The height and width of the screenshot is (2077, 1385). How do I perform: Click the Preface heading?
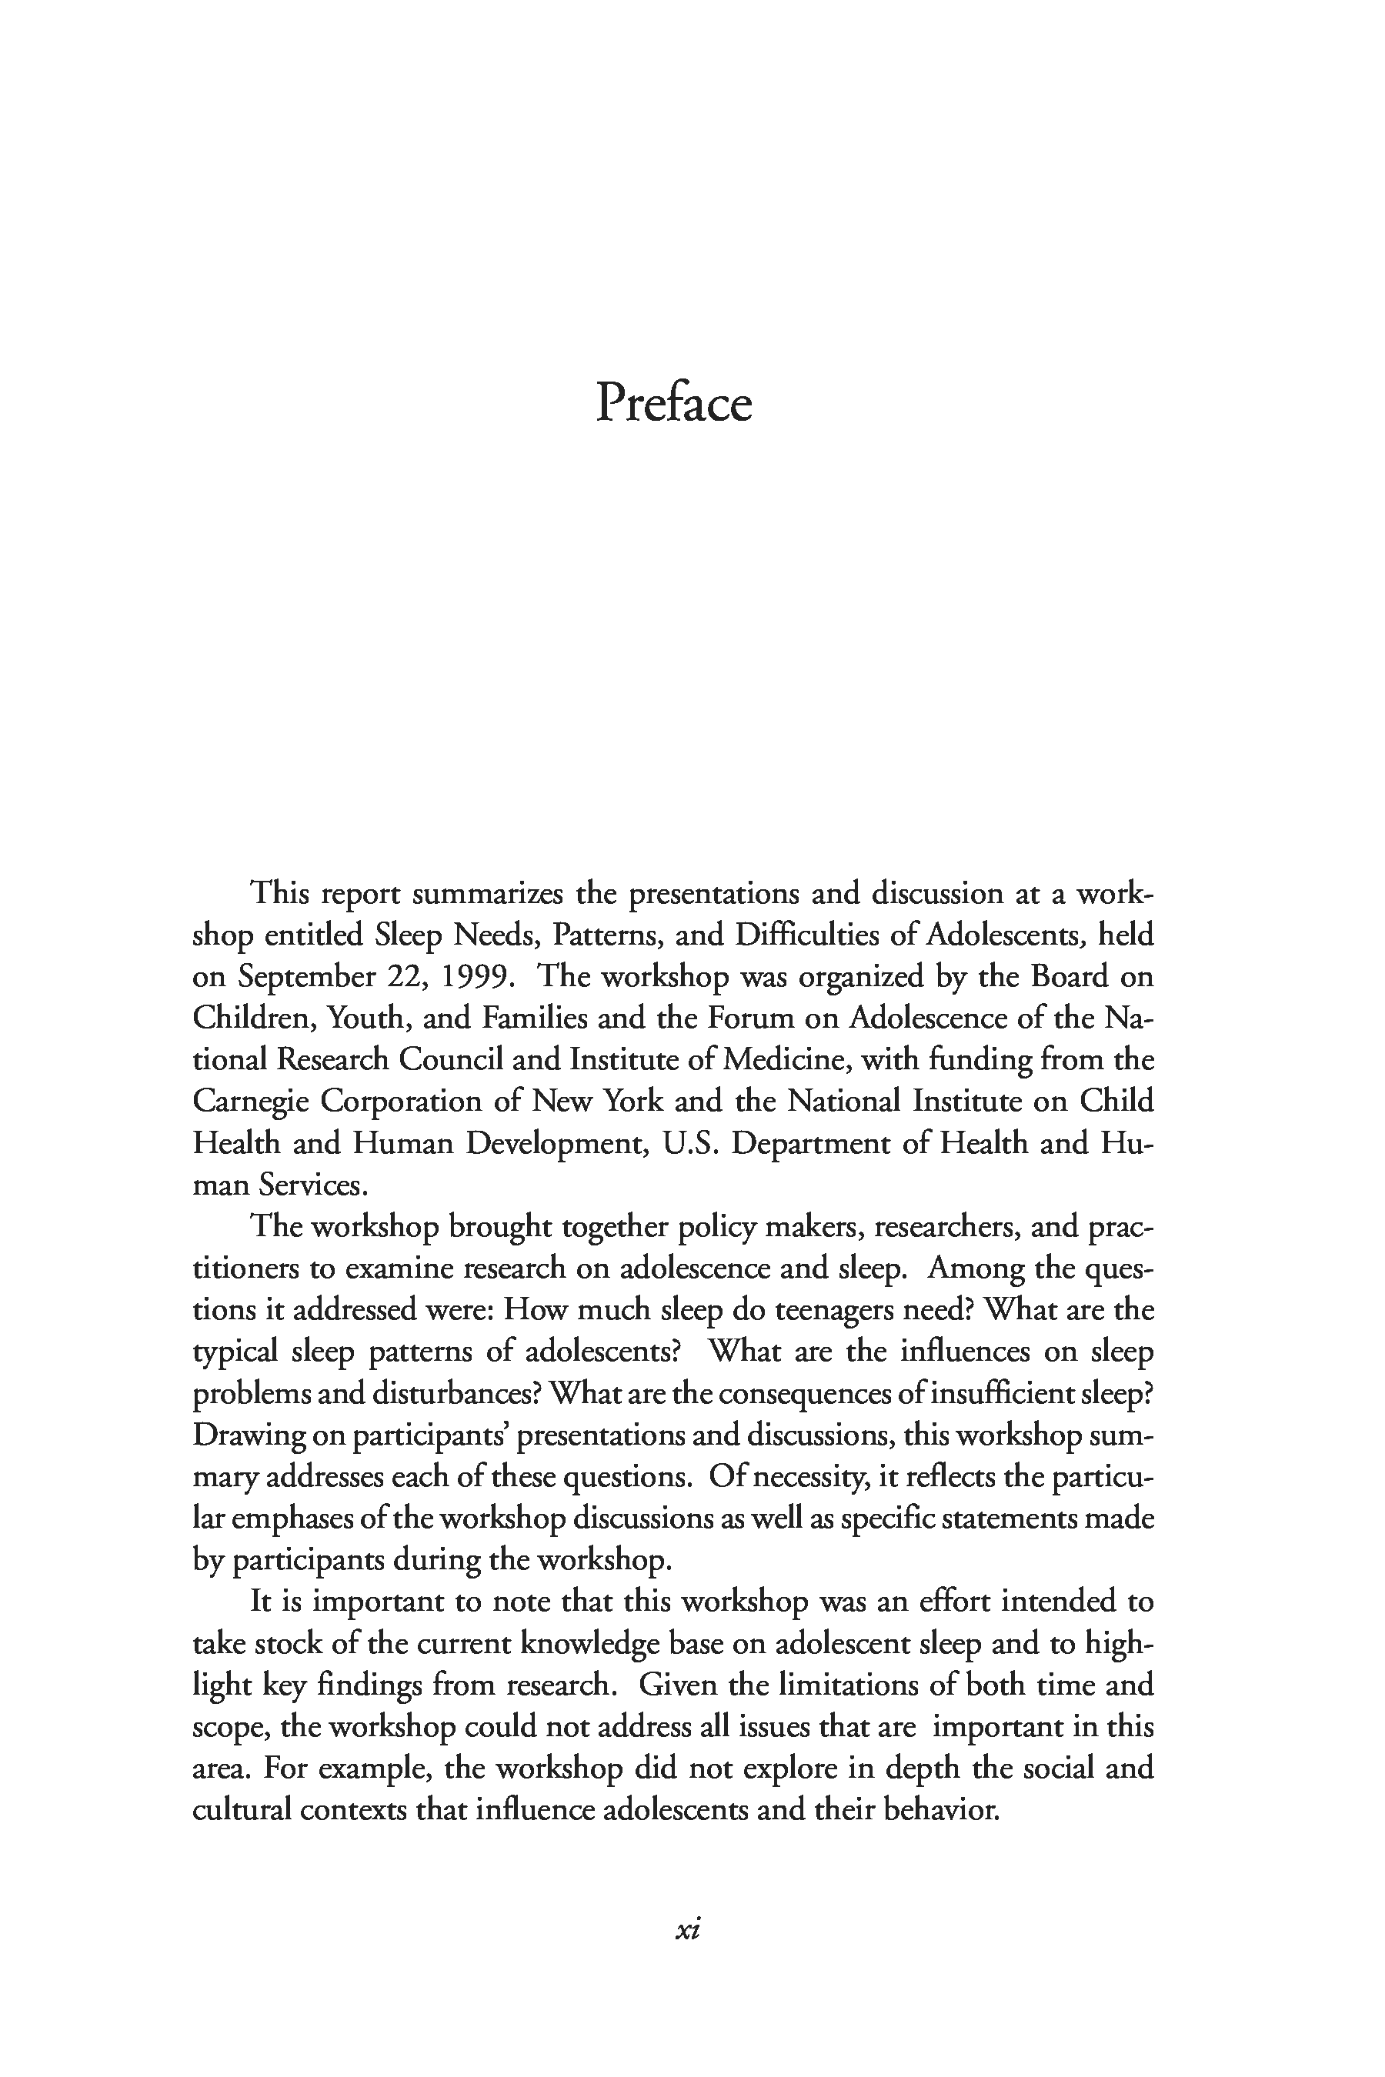click(673, 404)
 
